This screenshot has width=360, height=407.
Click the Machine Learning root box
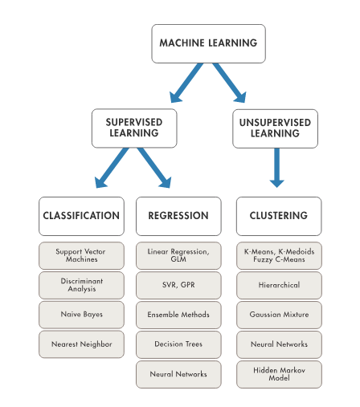[x=208, y=43]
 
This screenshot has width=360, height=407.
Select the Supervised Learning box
[x=134, y=128]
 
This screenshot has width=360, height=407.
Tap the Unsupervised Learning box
[x=275, y=128]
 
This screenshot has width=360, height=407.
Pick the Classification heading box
[x=81, y=216]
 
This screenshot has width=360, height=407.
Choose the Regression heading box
[x=178, y=216]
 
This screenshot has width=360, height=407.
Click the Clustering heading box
[x=279, y=216]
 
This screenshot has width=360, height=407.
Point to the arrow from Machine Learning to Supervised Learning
[x=186, y=83]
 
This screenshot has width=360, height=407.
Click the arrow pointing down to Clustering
[x=277, y=168]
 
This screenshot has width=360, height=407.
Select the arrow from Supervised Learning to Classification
[x=112, y=168]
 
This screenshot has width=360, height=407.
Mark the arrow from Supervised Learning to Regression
[x=154, y=168]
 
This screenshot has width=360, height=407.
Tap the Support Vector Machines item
[x=81, y=255]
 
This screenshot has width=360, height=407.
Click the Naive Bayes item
[x=81, y=315]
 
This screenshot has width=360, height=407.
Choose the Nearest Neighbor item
[x=81, y=344]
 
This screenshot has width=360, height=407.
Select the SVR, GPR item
[x=178, y=285]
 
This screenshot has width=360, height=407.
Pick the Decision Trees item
[x=178, y=344]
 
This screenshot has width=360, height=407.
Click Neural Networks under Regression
[x=178, y=374]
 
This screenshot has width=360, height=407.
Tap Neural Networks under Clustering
[x=279, y=344]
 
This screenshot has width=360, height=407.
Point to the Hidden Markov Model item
[x=279, y=374]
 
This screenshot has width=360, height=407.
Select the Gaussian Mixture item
[x=279, y=315]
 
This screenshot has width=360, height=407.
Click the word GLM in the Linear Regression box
[x=178, y=259]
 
